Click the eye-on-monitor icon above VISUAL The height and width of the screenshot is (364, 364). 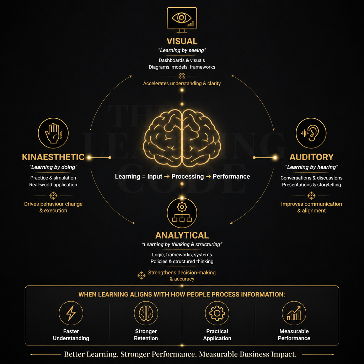pyautogui.click(x=182, y=20)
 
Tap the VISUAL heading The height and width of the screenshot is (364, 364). pyautogui.click(x=182, y=41)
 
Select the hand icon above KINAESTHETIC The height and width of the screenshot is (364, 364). pyautogui.click(x=53, y=133)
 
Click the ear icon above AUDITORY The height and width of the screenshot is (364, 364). pyautogui.click(x=311, y=133)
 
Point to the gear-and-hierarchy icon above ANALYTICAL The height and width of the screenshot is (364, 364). pyautogui.click(x=182, y=213)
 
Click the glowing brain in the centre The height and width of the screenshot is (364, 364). pyautogui.click(x=182, y=138)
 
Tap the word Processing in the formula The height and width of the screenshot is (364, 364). pyautogui.click(x=188, y=176)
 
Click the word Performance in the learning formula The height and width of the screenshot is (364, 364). pyautogui.click(x=231, y=176)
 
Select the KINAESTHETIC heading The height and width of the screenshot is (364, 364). pyautogui.click(x=53, y=157)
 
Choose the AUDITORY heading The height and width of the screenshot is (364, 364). pyautogui.click(x=311, y=157)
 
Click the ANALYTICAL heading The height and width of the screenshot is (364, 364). pyautogui.click(x=182, y=235)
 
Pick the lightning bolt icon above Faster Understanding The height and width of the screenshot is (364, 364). pyautogui.click(x=71, y=313)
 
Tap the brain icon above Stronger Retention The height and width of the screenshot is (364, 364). pyautogui.click(x=146, y=313)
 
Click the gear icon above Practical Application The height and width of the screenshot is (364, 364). pyautogui.click(x=217, y=313)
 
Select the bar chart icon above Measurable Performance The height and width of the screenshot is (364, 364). pyautogui.click(x=294, y=313)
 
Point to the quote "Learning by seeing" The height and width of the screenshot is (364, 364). pyautogui.click(x=182, y=50)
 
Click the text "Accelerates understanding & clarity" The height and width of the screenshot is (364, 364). pyautogui.click(x=182, y=83)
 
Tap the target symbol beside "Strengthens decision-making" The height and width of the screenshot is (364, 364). pyautogui.click(x=141, y=275)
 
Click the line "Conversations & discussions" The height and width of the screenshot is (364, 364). pyautogui.click(x=311, y=178)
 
